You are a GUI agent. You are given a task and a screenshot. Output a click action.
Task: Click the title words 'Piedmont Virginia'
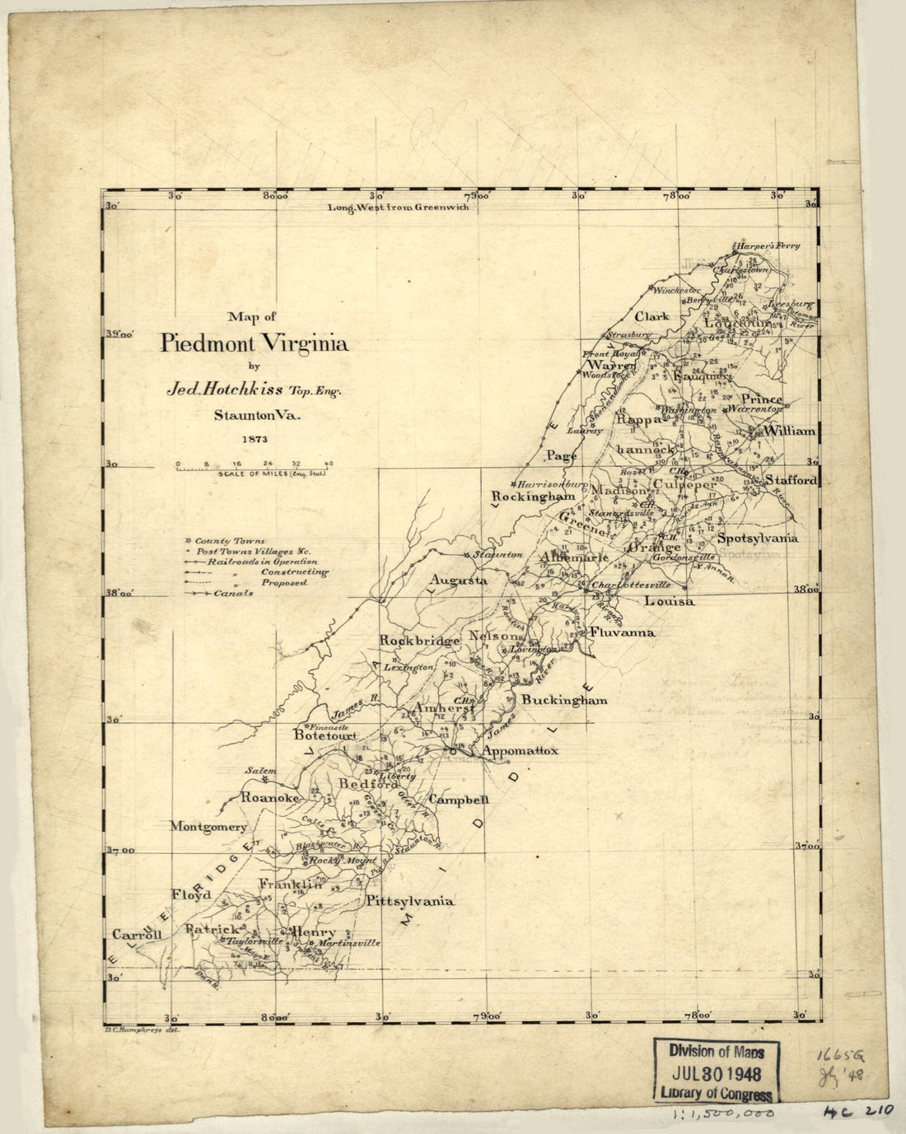(254, 343)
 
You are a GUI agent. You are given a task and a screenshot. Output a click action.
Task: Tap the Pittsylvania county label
(410, 901)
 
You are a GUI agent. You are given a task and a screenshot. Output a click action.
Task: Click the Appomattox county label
(520, 751)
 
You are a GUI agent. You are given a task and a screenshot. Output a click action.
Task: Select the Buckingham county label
(564, 700)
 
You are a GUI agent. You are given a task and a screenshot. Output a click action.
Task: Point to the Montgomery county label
(208, 826)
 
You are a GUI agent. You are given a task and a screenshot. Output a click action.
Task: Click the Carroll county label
(137, 935)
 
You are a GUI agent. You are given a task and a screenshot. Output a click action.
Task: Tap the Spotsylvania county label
(758, 538)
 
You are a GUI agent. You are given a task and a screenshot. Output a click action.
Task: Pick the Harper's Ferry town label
(768, 245)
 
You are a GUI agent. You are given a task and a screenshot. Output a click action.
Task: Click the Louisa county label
(668, 601)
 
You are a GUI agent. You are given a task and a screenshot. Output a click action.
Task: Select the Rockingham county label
(533, 497)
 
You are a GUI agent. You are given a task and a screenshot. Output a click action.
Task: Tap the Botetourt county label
(326, 737)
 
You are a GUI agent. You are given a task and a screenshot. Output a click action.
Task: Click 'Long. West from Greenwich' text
(398, 208)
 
